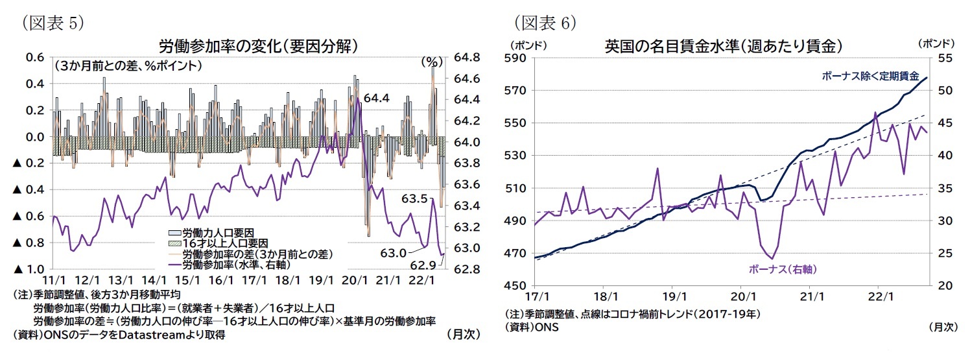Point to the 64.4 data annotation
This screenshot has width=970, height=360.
376,99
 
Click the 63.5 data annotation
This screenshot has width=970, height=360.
414,198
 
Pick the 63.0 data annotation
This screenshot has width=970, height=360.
394,253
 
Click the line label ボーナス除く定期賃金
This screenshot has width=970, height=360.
869,76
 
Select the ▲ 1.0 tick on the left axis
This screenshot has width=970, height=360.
28,269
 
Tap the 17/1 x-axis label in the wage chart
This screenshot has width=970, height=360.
534,296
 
